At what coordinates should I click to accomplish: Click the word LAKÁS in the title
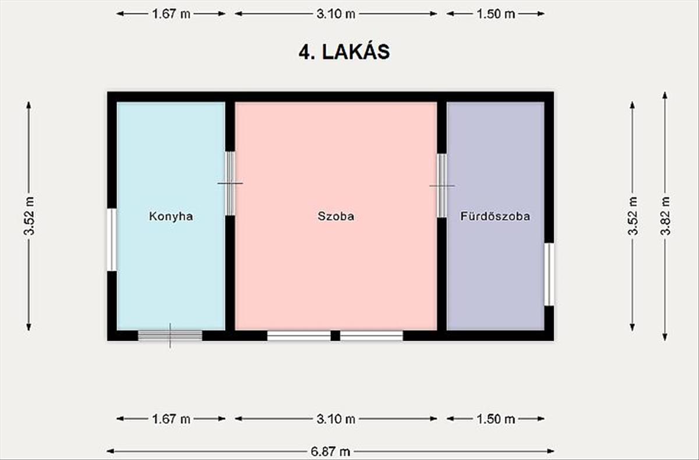pos(356,52)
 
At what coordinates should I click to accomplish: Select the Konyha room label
pos(171,216)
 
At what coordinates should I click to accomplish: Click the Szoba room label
pos(336,216)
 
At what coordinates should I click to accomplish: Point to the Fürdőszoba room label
pos(495,216)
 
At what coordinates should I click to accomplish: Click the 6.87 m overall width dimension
pos(330,451)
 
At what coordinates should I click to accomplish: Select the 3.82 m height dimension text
pos(665,216)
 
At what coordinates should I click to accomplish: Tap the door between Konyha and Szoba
pos(230,183)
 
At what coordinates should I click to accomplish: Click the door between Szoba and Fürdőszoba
pos(442,186)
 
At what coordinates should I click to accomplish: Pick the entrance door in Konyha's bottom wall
pos(170,335)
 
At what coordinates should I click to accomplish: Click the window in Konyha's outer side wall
pos(112,239)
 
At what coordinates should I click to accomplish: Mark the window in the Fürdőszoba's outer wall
pos(549,274)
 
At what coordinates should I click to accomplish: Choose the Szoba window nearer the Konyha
pos(299,335)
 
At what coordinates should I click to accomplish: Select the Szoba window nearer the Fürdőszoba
pos(372,335)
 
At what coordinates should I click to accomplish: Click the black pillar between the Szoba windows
pos(335,335)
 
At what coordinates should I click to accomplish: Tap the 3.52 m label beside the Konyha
pos(29,216)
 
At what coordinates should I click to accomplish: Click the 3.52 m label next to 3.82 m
pos(633,216)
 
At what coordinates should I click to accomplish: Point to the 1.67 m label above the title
pos(171,14)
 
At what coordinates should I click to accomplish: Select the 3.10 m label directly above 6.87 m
pos(336,419)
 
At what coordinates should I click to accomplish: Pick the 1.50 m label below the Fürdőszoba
pos(496,419)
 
